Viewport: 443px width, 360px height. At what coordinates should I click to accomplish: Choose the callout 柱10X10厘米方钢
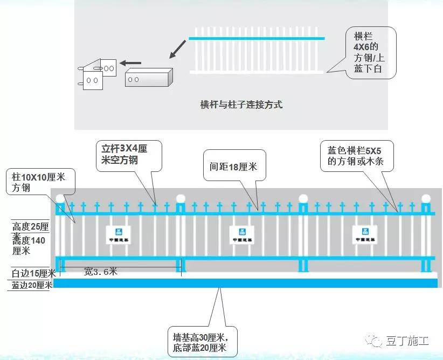pos(40,182)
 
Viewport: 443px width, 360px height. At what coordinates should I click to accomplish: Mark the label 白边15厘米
pos(31,273)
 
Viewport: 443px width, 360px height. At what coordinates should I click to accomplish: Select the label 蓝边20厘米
pos(31,286)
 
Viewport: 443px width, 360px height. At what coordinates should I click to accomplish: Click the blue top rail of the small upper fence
pos(257,38)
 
